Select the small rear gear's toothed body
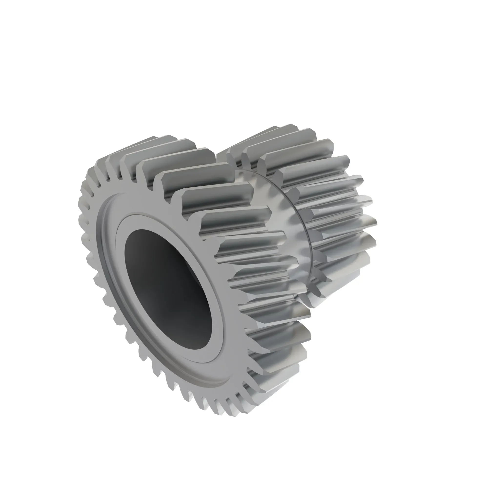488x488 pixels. point(328,202)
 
